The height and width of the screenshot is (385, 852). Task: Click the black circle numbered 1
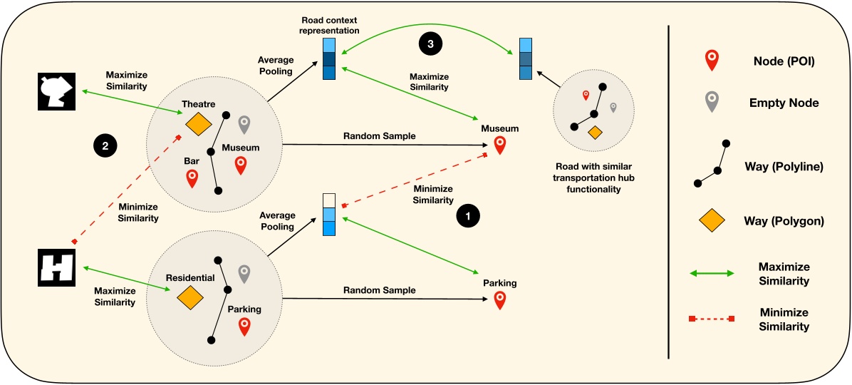click(x=467, y=214)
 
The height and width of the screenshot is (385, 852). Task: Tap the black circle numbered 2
click(x=105, y=146)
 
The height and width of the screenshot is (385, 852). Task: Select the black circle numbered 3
click(x=430, y=43)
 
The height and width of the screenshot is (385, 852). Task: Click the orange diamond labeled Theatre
click(x=198, y=124)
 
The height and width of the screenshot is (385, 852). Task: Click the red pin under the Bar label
click(x=192, y=178)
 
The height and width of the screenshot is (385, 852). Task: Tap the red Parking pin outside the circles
click(x=499, y=299)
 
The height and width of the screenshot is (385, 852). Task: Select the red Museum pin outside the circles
click(x=499, y=145)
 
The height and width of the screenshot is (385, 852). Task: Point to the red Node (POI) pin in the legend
click(x=710, y=61)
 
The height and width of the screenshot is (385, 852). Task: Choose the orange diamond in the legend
click(x=710, y=222)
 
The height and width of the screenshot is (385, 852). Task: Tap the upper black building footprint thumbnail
click(x=56, y=91)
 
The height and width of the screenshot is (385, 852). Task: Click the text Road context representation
click(x=330, y=26)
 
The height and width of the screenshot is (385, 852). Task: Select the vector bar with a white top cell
click(x=328, y=214)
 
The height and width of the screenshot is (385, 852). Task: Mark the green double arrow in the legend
click(x=710, y=274)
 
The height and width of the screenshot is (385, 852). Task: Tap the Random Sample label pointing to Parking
click(x=379, y=290)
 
